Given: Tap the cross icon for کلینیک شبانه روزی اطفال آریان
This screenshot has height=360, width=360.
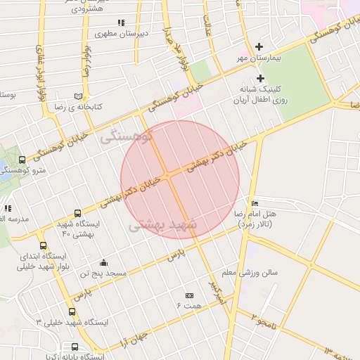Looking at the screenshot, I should pos(260,78).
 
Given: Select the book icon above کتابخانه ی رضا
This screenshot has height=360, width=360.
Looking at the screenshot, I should pos(78,96).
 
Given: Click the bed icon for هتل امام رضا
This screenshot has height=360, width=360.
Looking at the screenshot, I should pos(254,203).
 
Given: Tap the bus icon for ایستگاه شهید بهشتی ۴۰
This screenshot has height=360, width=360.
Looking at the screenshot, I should pos(77,213).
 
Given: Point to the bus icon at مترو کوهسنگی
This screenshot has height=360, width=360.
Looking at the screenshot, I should pos(22,160).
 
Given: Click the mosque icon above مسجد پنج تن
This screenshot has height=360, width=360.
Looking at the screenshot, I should pos(104,262).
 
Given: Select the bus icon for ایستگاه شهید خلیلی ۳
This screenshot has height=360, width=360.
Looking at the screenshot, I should pos(72,312).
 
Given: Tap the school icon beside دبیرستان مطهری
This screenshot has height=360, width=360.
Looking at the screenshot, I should pos(121,22).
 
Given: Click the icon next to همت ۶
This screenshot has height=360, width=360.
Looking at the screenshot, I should pos(189,295).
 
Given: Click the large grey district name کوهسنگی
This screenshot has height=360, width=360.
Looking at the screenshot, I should pos(127,136).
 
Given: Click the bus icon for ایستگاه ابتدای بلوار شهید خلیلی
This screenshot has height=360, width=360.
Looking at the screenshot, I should pos(44,246).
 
